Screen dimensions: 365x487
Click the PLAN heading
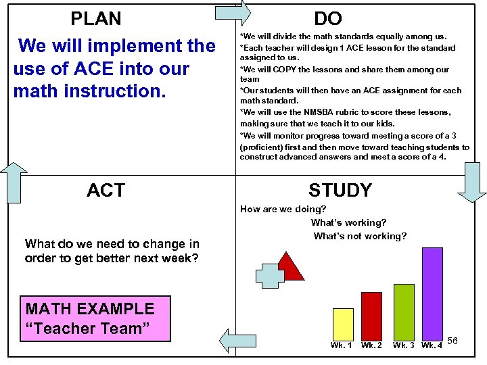[x=96, y=18]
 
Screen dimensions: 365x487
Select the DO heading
[x=328, y=19]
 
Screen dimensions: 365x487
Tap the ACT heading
[x=106, y=191]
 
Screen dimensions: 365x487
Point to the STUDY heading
[x=340, y=191]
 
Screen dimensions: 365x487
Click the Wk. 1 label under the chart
[x=342, y=345]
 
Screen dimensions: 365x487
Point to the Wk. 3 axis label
[x=404, y=345]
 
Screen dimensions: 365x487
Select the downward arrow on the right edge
[x=471, y=184]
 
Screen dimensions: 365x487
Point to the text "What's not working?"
[x=360, y=236]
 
